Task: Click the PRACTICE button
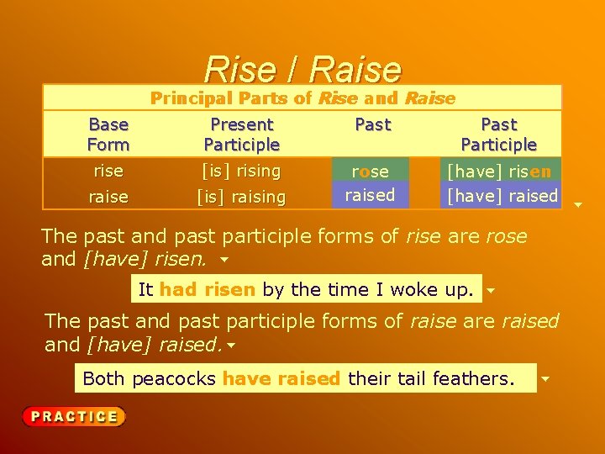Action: pyautogui.click(x=74, y=416)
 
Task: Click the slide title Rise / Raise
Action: pyautogui.click(x=302, y=69)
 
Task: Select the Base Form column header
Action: pyautogui.click(x=108, y=135)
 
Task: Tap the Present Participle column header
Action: pyautogui.click(x=242, y=135)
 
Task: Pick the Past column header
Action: pyautogui.click(x=372, y=125)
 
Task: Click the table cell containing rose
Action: pyautogui.click(x=370, y=171)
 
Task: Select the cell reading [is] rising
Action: pyautogui.click(x=242, y=171)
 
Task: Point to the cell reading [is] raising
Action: pyautogui.click(x=242, y=197)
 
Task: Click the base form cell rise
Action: pyautogui.click(x=108, y=171)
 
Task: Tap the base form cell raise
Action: pyautogui.click(x=108, y=197)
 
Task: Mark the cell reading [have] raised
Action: pyautogui.click(x=502, y=196)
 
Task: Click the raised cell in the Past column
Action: pyautogui.click(x=370, y=195)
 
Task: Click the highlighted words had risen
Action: pyautogui.click(x=207, y=290)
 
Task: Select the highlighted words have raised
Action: pyautogui.click(x=281, y=379)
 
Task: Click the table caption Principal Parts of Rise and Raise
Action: pyautogui.click(x=302, y=98)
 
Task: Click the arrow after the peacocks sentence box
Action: pyautogui.click(x=545, y=379)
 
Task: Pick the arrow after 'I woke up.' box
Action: pyautogui.click(x=491, y=290)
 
